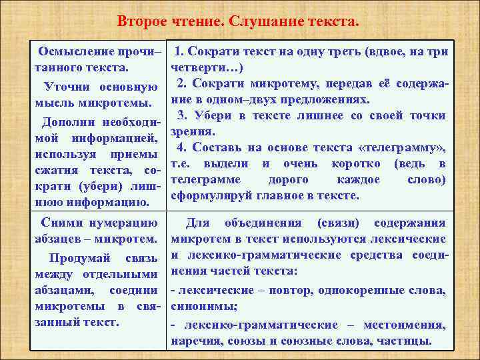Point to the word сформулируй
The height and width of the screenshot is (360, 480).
coord(211,196)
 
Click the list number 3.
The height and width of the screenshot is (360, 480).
coord(181,115)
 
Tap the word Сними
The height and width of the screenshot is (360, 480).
coord(59,223)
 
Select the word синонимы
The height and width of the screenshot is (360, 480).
coord(201,307)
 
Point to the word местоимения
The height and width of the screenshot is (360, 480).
coord(411,325)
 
